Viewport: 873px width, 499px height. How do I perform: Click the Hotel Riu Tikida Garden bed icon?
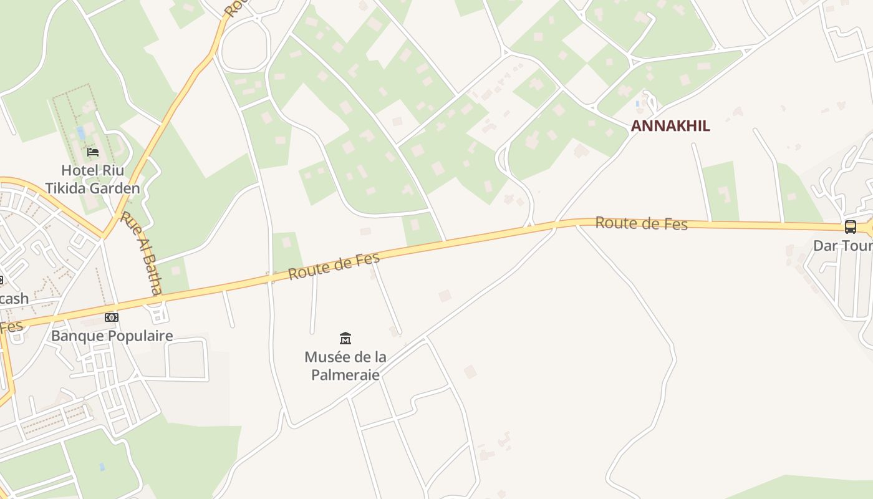click(93, 152)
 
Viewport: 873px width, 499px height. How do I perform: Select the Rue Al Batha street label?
click(142, 253)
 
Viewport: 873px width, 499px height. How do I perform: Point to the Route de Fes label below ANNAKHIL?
click(641, 223)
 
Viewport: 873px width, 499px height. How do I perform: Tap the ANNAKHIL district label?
click(670, 126)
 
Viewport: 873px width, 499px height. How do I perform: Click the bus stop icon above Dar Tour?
click(850, 227)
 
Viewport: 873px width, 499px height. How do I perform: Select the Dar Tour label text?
click(842, 246)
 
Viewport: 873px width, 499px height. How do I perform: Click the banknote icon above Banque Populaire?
click(112, 317)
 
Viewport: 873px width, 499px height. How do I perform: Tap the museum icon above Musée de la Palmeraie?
click(345, 338)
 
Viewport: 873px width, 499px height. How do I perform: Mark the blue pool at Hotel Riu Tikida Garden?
click(81, 133)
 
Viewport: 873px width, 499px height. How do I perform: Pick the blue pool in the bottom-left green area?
click(102, 467)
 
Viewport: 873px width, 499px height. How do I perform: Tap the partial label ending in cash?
click(14, 299)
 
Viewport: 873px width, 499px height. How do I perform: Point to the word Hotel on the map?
click(77, 170)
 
